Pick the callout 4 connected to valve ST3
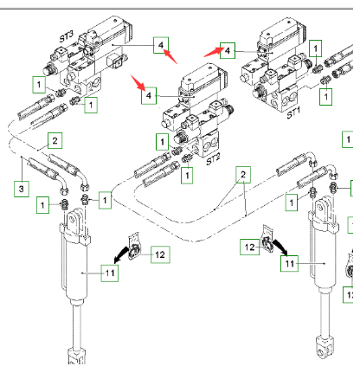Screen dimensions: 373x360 coord(160,44)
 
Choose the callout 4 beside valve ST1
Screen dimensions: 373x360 coord(227,50)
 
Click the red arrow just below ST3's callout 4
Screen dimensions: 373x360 coord(171,59)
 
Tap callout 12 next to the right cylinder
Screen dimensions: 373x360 coord(247,248)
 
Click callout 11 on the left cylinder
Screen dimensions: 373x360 coord(108,273)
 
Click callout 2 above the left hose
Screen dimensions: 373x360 coord(55,140)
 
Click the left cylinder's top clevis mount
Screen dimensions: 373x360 coord(75,222)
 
